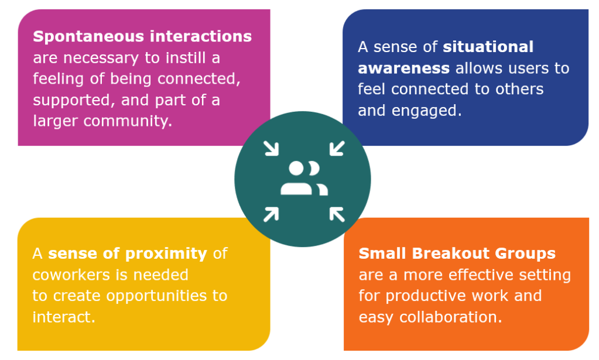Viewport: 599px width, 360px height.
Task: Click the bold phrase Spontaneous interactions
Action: [x=142, y=36]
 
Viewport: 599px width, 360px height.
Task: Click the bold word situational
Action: [x=488, y=47]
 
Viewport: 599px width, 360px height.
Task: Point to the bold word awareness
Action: [x=403, y=68]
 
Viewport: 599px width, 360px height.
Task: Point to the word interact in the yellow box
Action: [x=61, y=317]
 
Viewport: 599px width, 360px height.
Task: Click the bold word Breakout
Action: [x=454, y=253]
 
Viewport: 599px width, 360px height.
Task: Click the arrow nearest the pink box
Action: [x=271, y=148]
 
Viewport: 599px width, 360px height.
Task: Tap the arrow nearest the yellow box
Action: [x=271, y=214]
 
